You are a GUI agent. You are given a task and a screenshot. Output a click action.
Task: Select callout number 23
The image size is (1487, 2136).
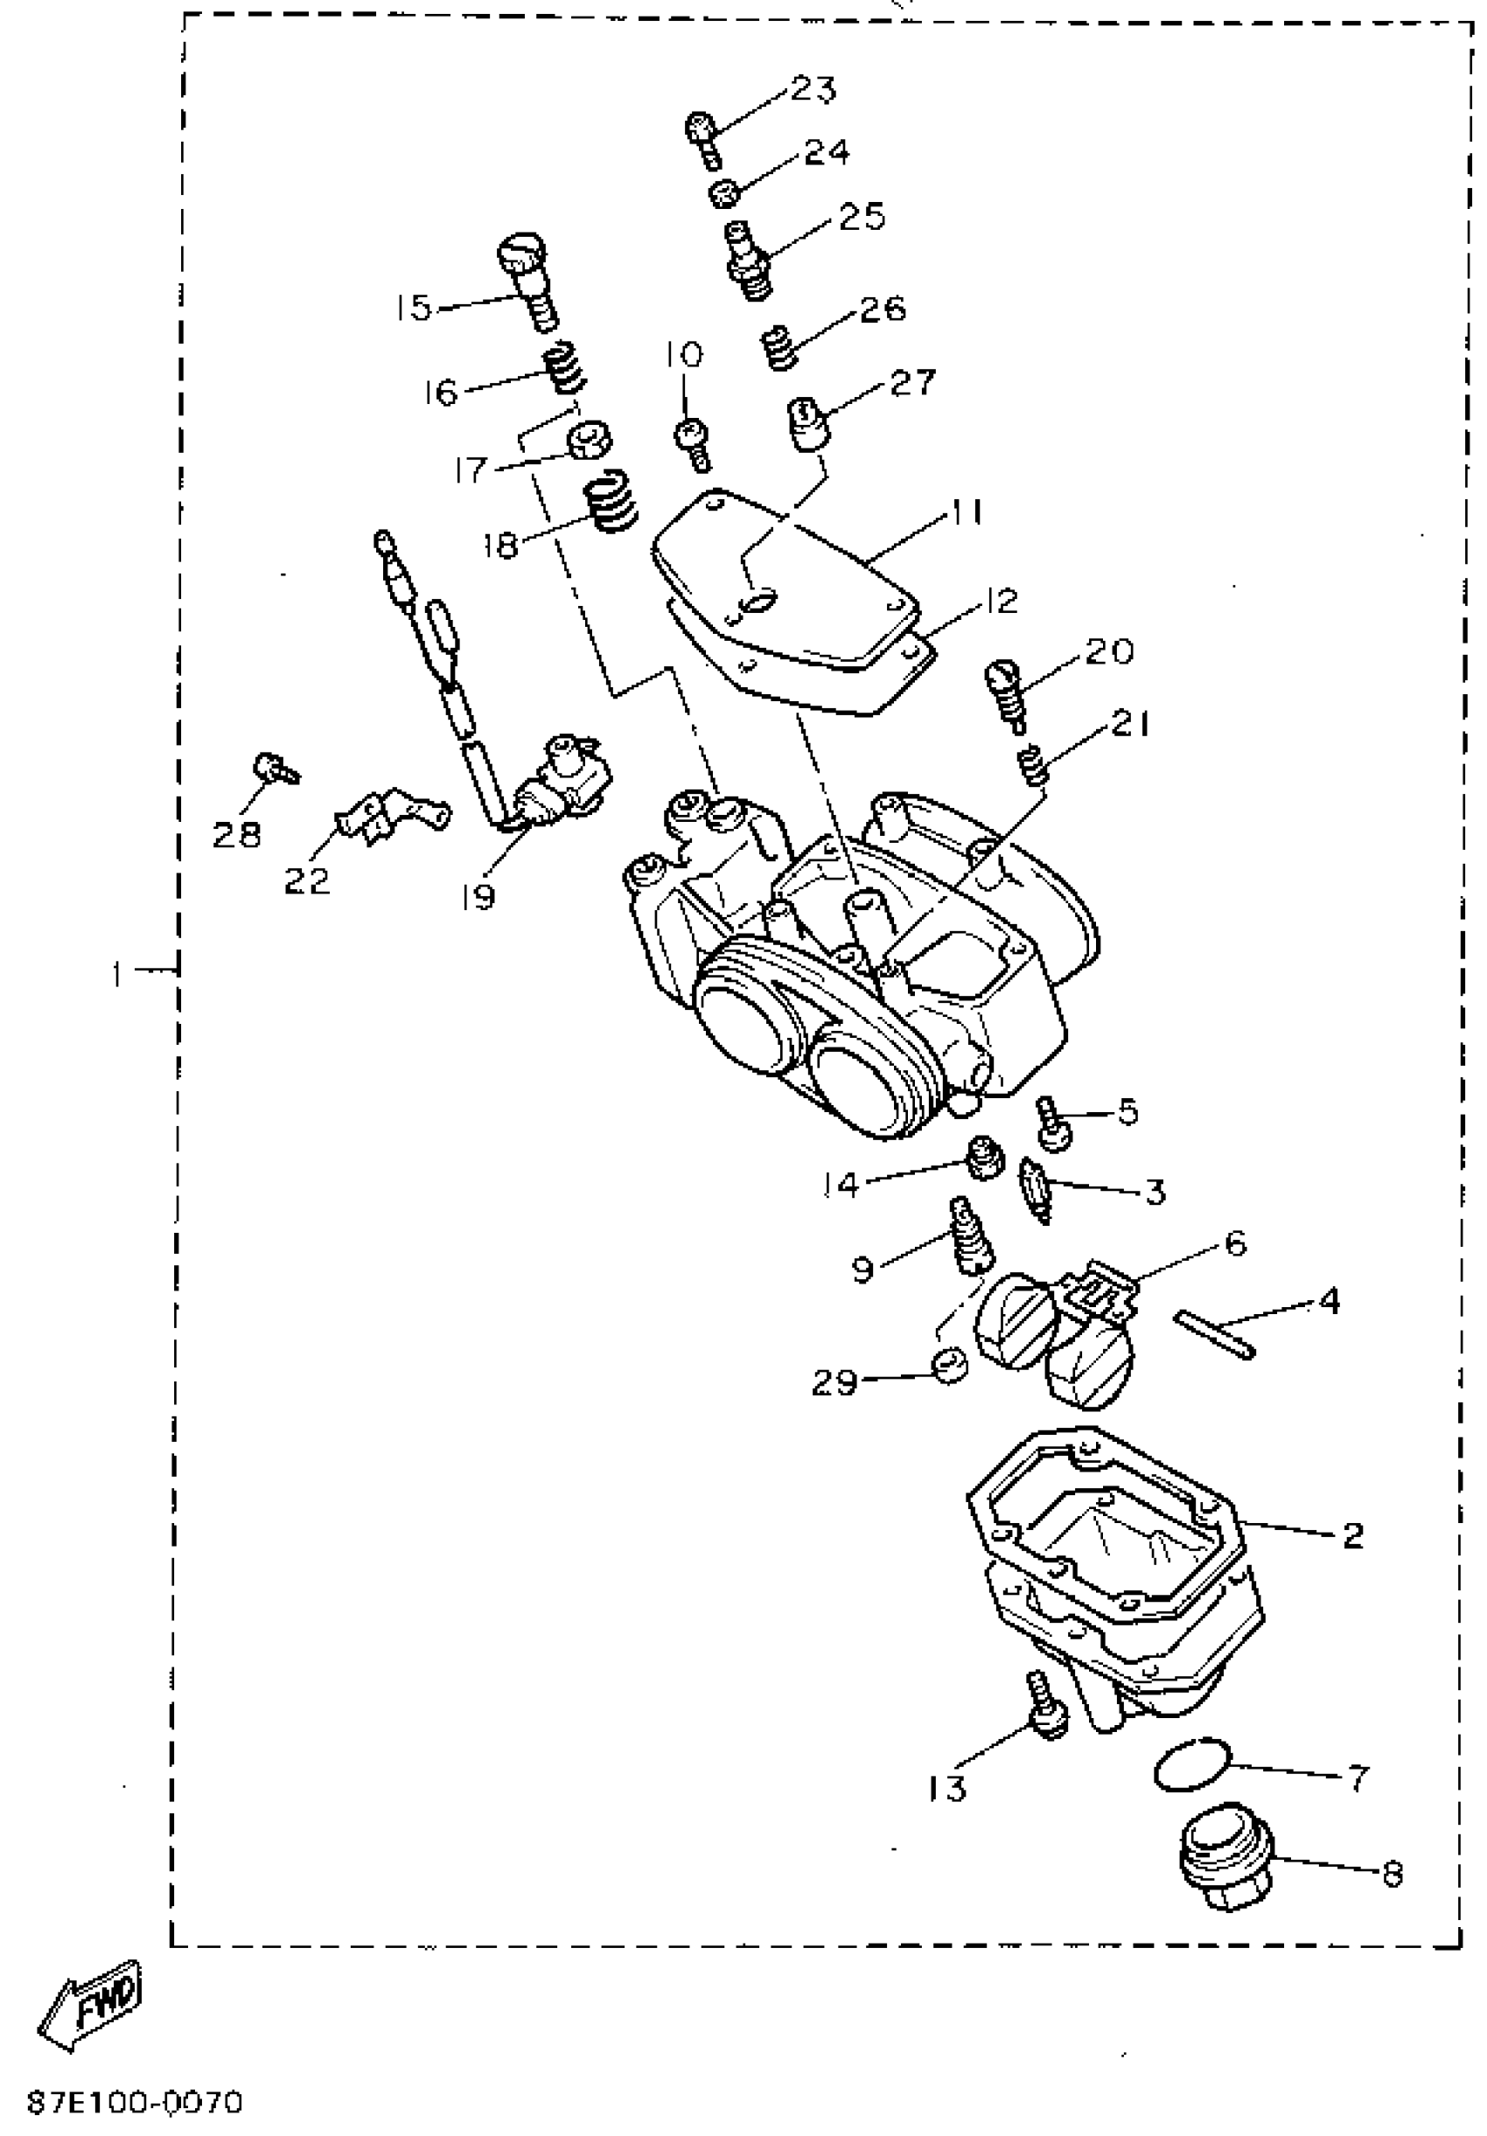point(813,89)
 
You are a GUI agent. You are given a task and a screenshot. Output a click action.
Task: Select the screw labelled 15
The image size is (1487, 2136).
point(527,280)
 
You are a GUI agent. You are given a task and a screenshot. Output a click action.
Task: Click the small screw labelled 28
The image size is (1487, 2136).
point(275,768)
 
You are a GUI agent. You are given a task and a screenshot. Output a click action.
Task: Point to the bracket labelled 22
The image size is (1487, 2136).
point(391,811)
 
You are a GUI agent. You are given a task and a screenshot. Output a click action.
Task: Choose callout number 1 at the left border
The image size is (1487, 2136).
point(116,975)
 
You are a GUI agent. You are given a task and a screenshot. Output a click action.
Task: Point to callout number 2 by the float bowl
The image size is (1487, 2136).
point(1352,1534)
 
